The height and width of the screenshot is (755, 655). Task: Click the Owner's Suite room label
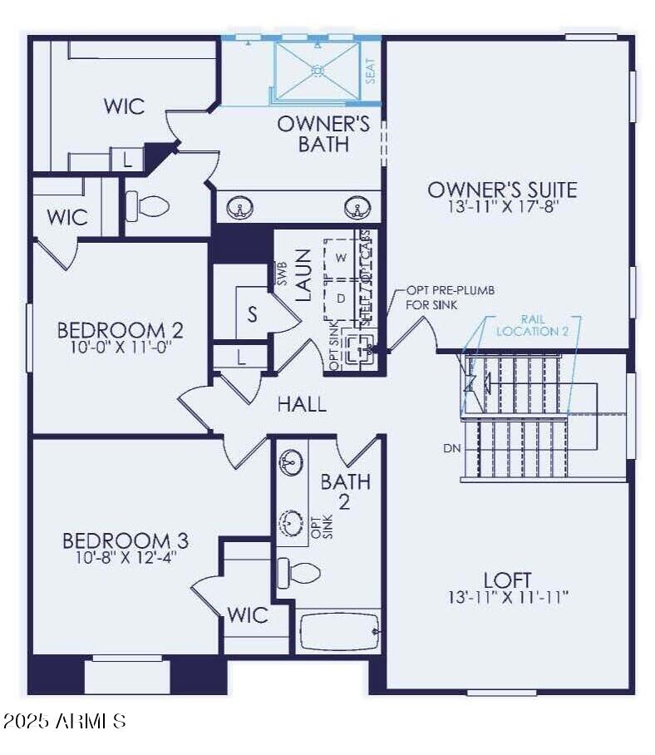[502, 189]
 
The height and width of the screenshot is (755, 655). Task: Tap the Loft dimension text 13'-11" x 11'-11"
[507, 597]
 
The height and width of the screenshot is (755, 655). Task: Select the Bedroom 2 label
[120, 329]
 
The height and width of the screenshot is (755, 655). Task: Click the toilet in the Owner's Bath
[148, 205]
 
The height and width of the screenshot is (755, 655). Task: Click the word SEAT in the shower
[371, 72]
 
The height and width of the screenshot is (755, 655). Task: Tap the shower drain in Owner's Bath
[317, 71]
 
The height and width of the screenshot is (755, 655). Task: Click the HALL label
[302, 405]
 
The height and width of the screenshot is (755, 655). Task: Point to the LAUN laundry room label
[303, 274]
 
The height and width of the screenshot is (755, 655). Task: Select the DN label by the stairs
[452, 448]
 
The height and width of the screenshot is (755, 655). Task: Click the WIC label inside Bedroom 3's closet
[248, 615]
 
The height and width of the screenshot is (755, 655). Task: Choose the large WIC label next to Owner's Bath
[124, 106]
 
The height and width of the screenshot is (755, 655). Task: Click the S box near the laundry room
[251, 315]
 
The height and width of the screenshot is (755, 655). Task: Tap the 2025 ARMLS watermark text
[65, 720]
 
